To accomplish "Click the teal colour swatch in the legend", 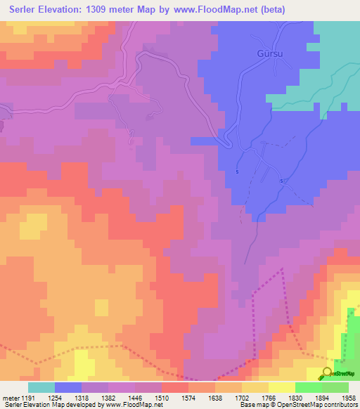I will tap(41, 387).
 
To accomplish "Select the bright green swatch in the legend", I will tap(308, 387).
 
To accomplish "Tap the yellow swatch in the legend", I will tap(281, 387).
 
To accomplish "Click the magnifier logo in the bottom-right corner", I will tap(328, 374).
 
